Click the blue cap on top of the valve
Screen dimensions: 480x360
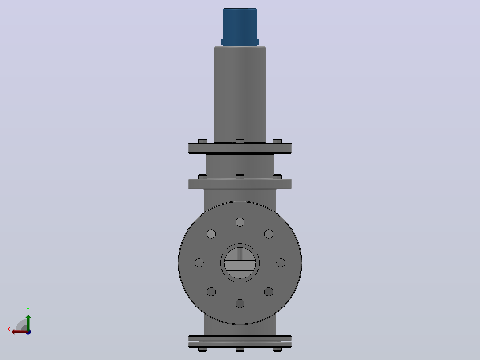pyautogui.click(x=240, y=27)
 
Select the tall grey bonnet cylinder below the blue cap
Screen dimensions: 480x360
pyautogui.click(x=240, y=94)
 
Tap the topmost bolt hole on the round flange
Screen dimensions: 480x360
pyautogui.click(x=240, y=222)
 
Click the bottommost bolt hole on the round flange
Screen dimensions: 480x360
pyautogui.click(x=240, y=303)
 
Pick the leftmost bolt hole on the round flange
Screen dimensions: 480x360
pyautogui.click(x=199, y=263)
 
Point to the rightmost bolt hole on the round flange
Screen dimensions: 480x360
pyautogui.click(x=281, y=263)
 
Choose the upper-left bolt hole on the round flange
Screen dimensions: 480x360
pyautogui.click(x=211, y=234)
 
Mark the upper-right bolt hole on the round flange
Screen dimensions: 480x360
pyautogui.click(x=269, y=234)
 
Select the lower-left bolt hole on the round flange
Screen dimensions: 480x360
pyautogui.click(x=211, y=292)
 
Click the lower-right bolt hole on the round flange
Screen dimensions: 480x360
pyautogui.click(x=269, y=292)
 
